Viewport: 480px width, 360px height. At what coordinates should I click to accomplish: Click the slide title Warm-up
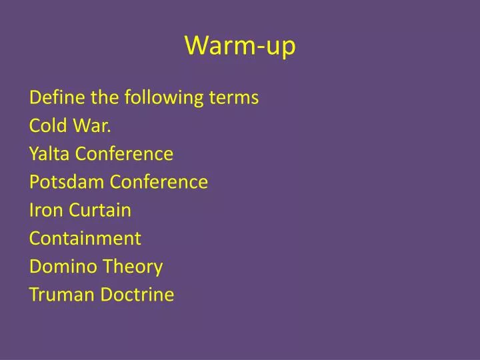[x=240, y=45]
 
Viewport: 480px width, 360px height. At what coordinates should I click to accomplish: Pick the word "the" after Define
[x=89, y=98]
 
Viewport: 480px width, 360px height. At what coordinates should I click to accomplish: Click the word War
[x=87, y=126]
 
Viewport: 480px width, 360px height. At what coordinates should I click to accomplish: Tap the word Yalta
[x=49, y=154]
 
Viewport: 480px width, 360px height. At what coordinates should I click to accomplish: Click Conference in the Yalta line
[x=124, y=154]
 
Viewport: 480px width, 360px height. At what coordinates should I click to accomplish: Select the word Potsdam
[x=66, y=182]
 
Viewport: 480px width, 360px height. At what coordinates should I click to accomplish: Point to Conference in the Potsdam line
[x=159, y=182]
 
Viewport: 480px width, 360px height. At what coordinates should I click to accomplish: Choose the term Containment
[x=85, y=238]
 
